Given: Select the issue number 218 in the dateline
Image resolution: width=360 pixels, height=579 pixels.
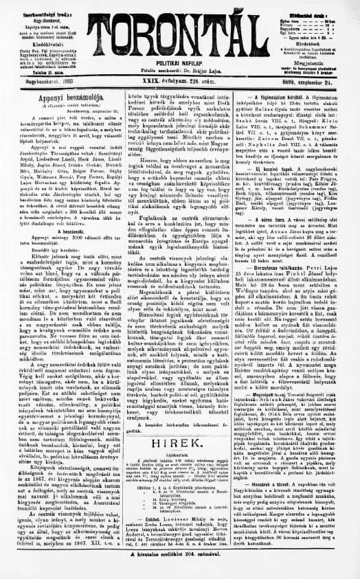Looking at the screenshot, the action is [x=203, y=81].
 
